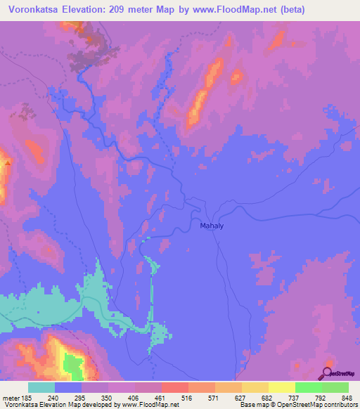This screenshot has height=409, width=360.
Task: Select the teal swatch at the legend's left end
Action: (x=41, y=388)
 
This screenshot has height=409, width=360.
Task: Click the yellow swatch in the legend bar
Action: (x=281, y=388)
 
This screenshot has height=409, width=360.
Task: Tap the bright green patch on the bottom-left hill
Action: (x=72, y=365)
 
